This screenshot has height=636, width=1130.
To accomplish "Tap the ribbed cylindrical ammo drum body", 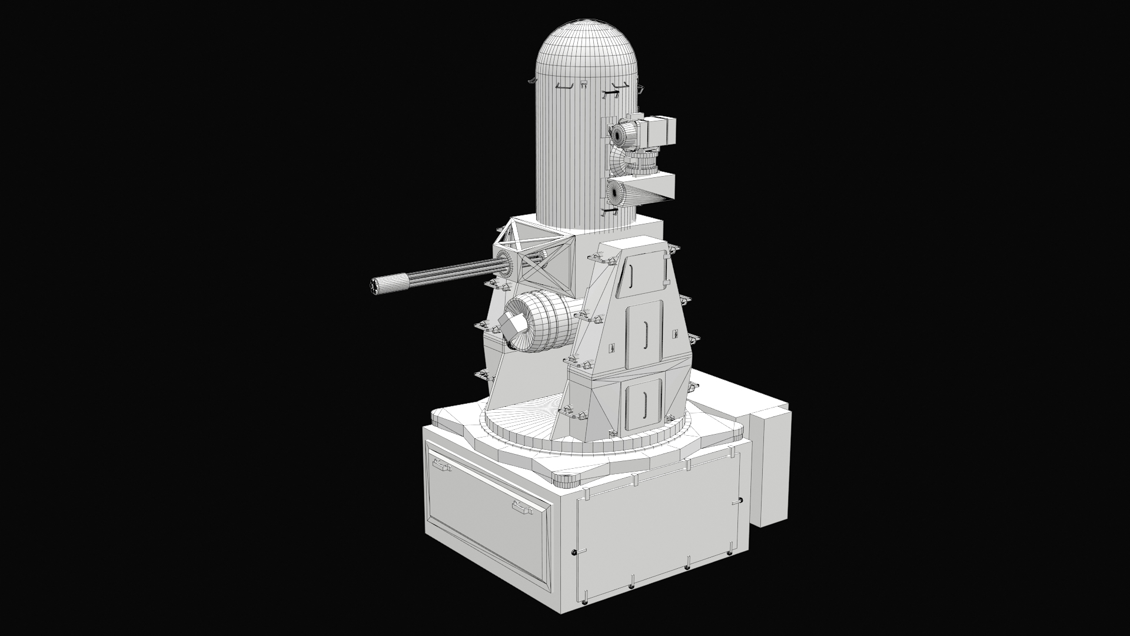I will tap(544, 324).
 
